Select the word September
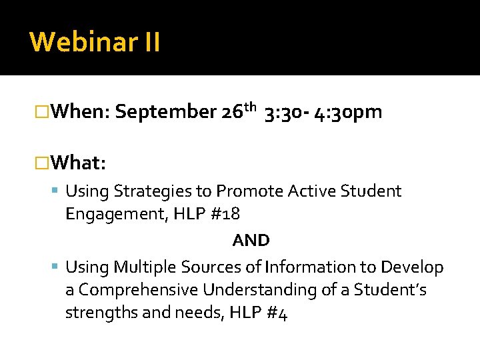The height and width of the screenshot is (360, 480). coord(165,112)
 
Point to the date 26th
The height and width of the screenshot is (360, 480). coord(238,111)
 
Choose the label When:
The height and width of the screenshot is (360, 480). coord(80,112)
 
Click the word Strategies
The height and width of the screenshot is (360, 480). coord(153,192)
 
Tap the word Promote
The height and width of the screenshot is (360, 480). coord(250,191)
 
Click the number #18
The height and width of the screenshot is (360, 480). coord(229,214)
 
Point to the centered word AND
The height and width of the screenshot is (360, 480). coord(251,240)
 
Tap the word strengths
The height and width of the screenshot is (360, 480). coord(100,313)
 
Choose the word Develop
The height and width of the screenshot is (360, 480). coord(412,268)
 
